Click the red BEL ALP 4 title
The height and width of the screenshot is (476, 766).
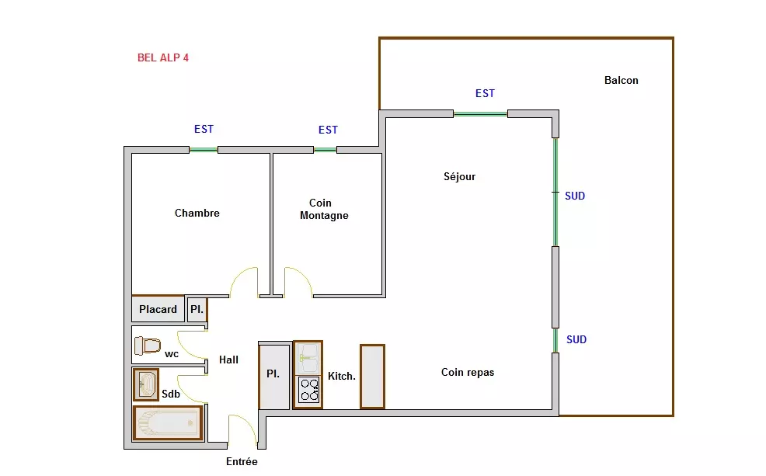click(x=162, y=57)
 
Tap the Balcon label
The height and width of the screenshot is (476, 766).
click(x=621, y=80)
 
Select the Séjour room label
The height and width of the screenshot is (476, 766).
click(x=459, y=176)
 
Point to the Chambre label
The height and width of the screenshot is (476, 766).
click(x=197, y=213)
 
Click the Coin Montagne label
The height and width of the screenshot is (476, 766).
click(x=324, y=209)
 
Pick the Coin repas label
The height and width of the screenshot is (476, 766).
click(x=468, y=372)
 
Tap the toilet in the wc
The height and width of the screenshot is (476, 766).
click(x=148, y=346)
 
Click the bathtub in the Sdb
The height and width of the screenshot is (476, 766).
click(x=168, y=422)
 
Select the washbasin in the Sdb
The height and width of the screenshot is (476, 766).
click(x=146, y=384)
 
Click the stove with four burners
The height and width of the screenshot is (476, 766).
click(x=309, y=389)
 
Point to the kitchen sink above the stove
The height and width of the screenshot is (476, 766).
click(x=308, y=358)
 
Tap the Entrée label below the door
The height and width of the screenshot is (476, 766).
click(x=242, y=461)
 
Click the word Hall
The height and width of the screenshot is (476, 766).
click(x=228, y=360)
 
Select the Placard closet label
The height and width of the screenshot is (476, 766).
click(x=158, y=309)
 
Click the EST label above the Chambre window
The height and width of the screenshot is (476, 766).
click(x=204, y=129)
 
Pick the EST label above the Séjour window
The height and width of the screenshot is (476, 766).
click(x=485, y=93)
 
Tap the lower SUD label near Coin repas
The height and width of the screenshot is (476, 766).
click(x=576, y=339)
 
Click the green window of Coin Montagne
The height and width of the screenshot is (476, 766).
click(x=325, y=150)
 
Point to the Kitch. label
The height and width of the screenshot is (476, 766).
click(x=342, y=376)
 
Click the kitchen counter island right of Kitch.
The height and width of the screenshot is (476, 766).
click(x=372, y=376)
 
